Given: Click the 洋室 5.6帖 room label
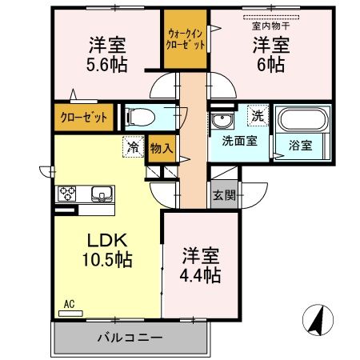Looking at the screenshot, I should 106,53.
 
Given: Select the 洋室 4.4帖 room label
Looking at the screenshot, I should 200,264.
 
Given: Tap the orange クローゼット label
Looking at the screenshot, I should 82,118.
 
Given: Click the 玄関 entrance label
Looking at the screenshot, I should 223,194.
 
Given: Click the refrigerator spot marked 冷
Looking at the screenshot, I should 131,148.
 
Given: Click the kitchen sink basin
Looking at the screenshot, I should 102,194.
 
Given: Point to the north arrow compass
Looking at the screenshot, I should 318,321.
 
